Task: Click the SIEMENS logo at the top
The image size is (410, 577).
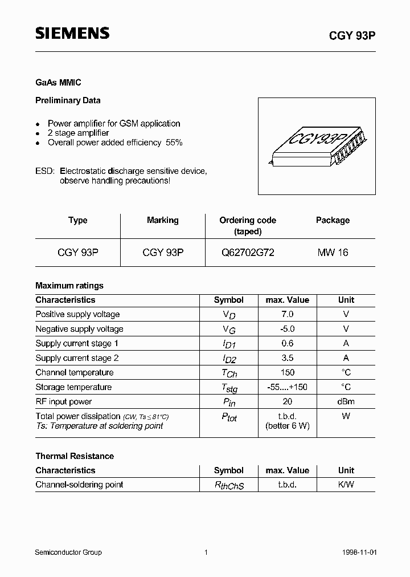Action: coord(72,34)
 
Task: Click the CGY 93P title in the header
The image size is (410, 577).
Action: coord(352,35)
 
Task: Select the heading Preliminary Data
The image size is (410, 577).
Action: coord(68,100)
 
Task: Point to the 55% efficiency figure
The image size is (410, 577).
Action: coord(174,143)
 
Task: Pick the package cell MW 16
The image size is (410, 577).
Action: coord(333,253)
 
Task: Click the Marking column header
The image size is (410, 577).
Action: coord(162,220)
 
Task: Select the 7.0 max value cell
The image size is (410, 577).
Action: coord(287,314)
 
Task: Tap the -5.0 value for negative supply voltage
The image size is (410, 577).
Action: coord(287,329)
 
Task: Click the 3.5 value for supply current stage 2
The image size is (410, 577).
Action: coord(287,358)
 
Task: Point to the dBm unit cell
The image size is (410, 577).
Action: coord(346,401)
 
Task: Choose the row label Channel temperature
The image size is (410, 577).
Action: coord(75,372)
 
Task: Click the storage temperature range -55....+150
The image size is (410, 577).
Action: coord(287,387)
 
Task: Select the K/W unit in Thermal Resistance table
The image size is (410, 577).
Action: coord(346,485)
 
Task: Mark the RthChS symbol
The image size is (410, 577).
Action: coord(228,486)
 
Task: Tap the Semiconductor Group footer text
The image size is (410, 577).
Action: coord(68,552)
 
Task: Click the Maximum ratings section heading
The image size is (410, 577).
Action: coord(69,286)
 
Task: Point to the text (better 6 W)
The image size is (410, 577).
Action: coord(287,426)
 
